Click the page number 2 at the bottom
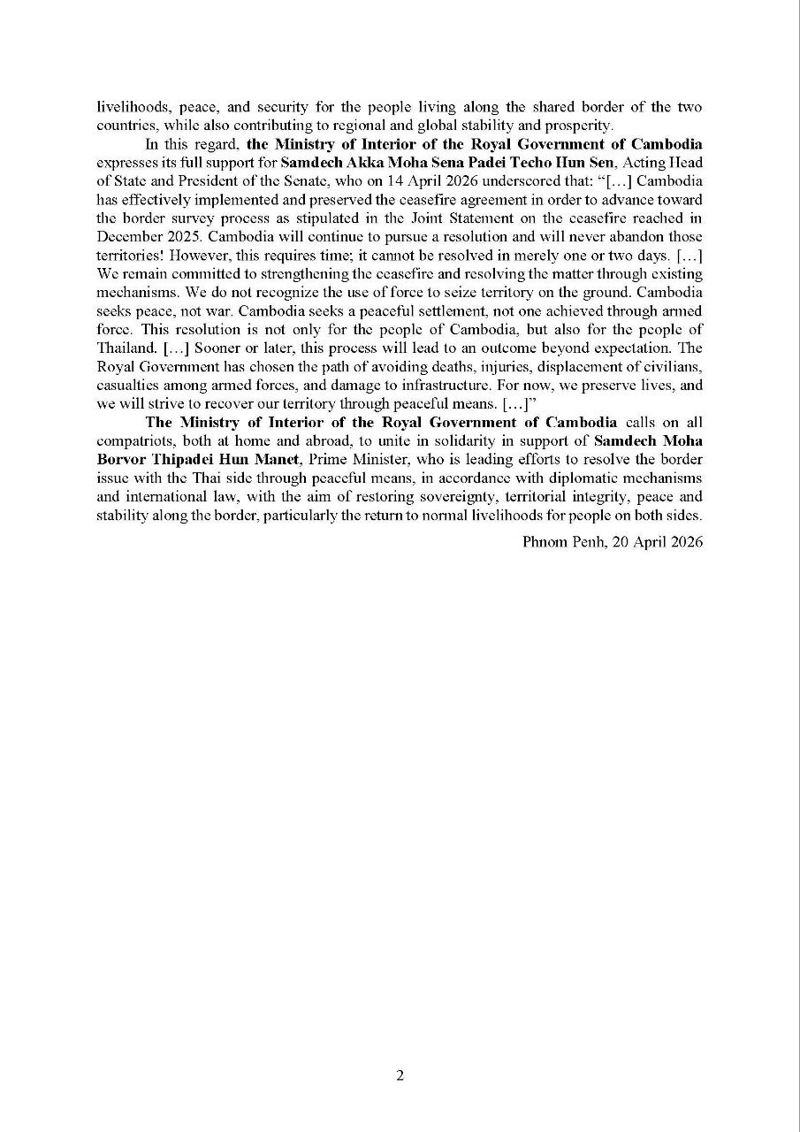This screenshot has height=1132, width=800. point(400,1075)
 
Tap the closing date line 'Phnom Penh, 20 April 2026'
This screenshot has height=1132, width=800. point(613,542)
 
